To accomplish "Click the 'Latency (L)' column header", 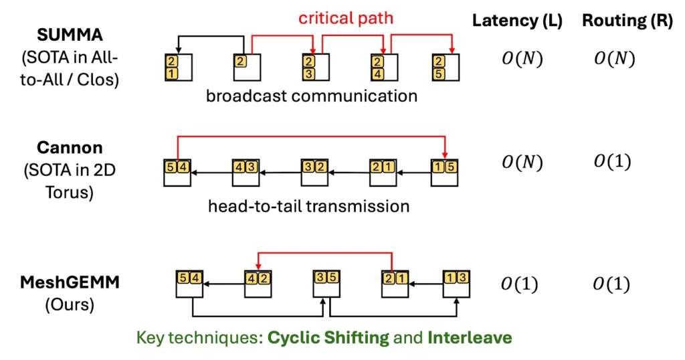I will coord(516,20).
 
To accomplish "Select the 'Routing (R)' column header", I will coord(627,20).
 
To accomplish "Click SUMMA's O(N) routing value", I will coord(613,59).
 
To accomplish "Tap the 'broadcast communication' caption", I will coord(312,96).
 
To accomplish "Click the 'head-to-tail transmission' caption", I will coord(308,205).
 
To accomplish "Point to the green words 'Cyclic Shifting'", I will coord(328,337).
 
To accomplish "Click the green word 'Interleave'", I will coord(476,337).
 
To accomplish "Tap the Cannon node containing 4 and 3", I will coord(245,171).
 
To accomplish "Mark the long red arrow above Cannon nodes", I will coord(311,137).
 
